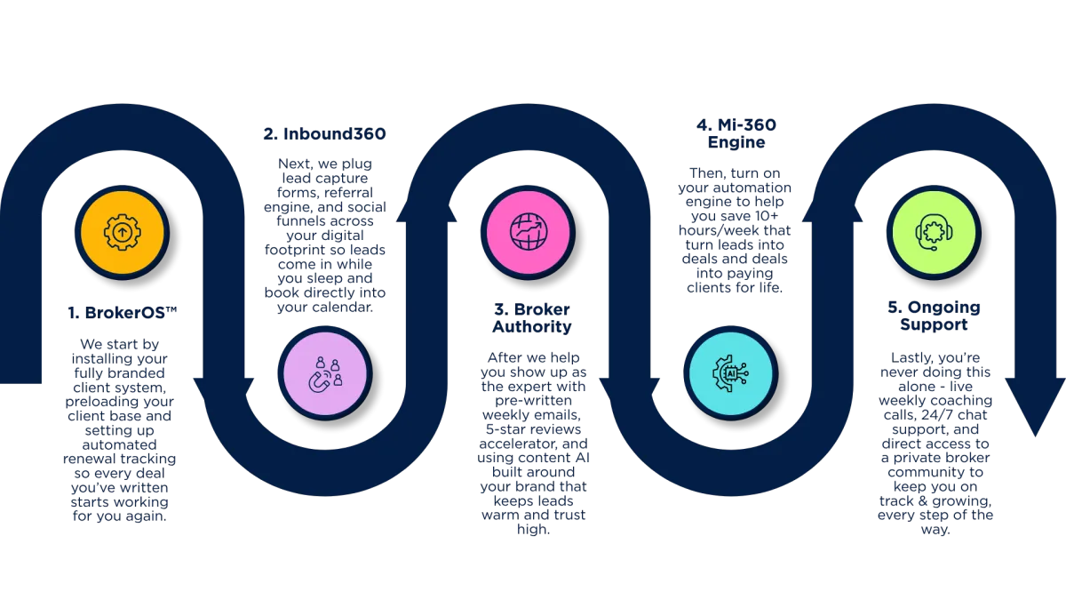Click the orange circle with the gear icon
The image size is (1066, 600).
coord(122,232)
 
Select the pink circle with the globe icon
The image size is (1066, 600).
coord(528,232)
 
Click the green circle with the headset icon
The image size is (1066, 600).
coord(935,232)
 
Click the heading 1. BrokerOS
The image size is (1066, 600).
coord(122,312)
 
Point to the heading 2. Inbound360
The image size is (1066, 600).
coord(324,135)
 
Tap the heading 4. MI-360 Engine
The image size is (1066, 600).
coord(731,133)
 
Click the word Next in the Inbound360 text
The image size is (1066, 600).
coord(295,164)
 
